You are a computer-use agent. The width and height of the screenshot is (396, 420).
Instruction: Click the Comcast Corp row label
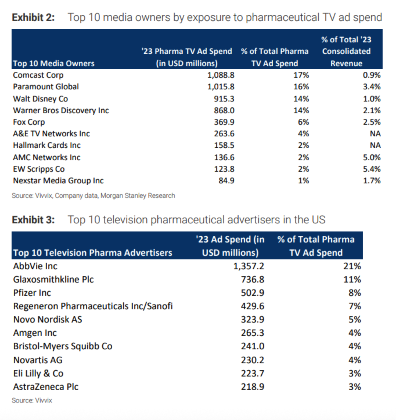(x=38, y=75)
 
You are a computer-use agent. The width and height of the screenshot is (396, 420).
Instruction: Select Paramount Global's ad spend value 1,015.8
(x=221, y=87)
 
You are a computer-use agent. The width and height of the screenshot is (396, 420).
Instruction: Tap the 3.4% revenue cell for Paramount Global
(x=372, y=87)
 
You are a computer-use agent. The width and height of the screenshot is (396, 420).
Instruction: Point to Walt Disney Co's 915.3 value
(x=224, y=99)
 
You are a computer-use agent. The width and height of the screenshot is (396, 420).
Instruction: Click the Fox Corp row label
(x=29, y=122)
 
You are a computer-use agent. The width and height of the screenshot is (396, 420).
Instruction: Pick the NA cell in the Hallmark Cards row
(x=375, y=145)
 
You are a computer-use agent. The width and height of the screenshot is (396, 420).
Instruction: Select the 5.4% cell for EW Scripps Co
(x=372, y=169)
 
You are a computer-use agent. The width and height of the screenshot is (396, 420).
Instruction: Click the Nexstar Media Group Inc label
(x=58, y=181)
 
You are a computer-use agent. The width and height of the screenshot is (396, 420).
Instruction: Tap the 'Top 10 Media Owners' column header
(x=54, y=64)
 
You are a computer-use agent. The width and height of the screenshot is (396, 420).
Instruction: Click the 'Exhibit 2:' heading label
(x=33, y=17)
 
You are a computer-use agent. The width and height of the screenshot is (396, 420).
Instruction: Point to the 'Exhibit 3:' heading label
(x=33, y=220)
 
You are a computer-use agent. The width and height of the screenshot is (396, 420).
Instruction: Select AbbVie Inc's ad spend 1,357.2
(x=249, y=266)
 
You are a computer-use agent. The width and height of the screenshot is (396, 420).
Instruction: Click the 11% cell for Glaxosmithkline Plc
(x=352, y=279)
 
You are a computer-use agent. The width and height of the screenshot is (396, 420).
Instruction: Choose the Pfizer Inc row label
(x=32, y=293)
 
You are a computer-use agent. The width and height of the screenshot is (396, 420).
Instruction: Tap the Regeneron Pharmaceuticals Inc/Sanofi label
(x=93, y=306)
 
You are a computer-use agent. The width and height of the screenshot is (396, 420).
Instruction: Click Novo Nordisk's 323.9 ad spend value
(x=252, y=319)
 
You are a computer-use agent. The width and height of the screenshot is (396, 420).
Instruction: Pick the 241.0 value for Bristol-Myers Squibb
(x=252, y=346)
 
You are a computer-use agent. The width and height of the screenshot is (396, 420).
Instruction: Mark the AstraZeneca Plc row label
(x=46, y=387)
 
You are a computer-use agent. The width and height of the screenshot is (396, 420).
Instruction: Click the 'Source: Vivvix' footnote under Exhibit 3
(x=32, y=400)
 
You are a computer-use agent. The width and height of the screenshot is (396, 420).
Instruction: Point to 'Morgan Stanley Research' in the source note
(x=138, y=196)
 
